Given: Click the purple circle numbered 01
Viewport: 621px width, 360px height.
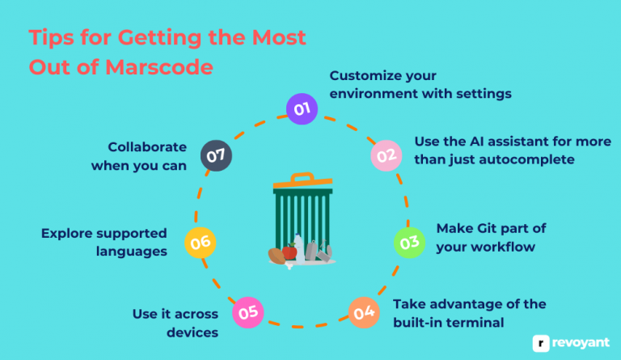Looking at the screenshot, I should pos(302,108).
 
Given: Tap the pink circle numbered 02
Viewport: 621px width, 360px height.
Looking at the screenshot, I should pos(385,156).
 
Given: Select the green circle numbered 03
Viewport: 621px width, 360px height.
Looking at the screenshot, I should pos(409,241).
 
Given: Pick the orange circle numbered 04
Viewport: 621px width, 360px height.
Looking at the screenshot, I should pos(364,311).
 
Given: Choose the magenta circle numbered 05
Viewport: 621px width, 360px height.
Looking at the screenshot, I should pos(247,311).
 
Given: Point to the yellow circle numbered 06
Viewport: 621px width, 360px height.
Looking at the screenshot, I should pos(200,241).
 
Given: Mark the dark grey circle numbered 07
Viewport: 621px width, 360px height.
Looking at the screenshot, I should pos(216,156).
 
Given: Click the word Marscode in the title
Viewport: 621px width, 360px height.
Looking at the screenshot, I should pos(160,67).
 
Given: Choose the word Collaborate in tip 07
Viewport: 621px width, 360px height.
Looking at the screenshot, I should pos(148,147).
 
